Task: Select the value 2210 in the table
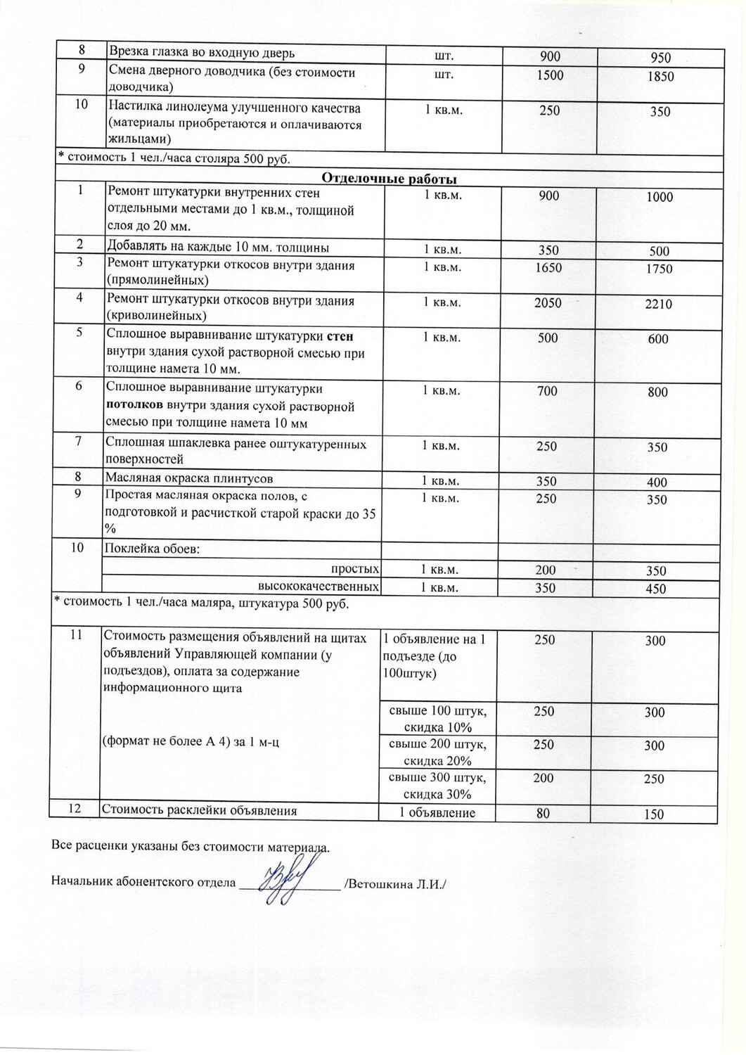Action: [658, 304]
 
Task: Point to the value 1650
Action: [548, 267]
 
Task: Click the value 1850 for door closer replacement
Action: [660, 77]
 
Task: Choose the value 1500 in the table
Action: [549, 75]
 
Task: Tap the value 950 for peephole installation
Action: [660, 58]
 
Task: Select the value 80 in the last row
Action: [543, 813]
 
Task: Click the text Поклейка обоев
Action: [153, 549]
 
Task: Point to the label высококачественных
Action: [319, 587]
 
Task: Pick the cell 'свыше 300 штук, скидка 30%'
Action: [437, 786]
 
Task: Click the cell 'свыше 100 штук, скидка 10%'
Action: [437, 719]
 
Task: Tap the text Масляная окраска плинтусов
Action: [189, 478]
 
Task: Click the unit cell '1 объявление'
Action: [437, 813]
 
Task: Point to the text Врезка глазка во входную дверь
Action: [201, 53]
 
